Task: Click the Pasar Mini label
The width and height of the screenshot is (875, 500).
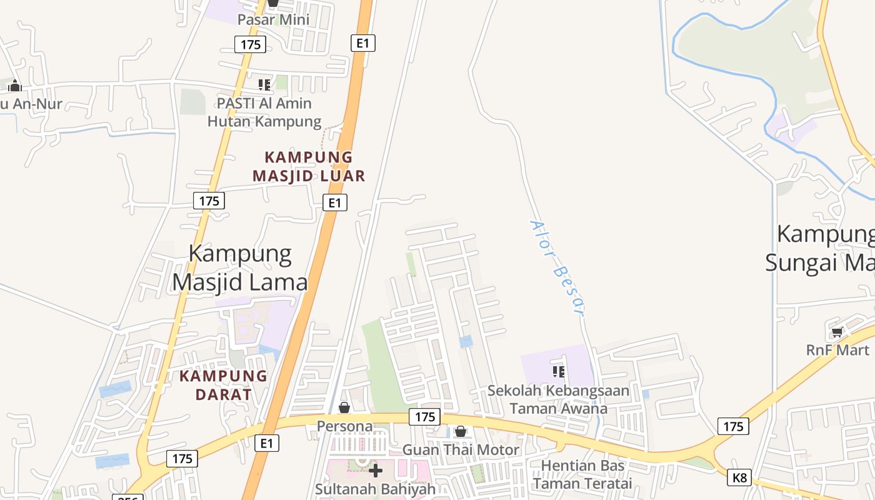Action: click(x=273, y=19)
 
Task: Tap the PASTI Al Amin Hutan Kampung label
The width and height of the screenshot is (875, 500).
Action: click(x=264, y=112)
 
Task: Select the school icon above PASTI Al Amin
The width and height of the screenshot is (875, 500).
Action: click(x=264, y=84)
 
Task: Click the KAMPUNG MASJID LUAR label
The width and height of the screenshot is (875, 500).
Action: click(x=309, y=166)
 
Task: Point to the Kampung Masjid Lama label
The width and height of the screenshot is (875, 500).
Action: click(x=240, y=268)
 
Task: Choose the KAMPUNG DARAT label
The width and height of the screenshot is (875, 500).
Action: click(x=223, y=385)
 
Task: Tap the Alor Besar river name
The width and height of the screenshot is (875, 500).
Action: click(x=557, y=267)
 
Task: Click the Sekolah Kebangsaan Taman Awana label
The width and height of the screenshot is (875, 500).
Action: click(x=558, y=399)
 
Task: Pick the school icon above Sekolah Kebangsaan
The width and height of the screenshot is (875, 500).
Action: click(x=559, y=372)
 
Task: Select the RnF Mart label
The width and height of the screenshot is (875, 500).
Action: click(x=837, y=350)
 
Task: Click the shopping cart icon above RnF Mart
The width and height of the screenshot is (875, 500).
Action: click(x=837, y=332)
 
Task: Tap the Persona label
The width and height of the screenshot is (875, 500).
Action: click(x=344, y=426)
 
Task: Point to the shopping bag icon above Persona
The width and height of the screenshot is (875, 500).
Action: click(x=344, y=407)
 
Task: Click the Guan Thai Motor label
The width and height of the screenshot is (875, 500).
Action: click(x=461, y=449)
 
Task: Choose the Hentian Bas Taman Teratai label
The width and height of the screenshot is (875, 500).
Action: click(x=582, y=474)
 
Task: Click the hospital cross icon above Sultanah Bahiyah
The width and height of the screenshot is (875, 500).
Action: click(x=375, y=470)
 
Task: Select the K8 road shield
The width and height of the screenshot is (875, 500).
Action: click(x=739, y=478)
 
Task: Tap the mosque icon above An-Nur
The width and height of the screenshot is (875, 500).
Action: click(x=14, y=86)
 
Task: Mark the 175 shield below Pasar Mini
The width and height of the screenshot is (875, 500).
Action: click(x=250, y=44)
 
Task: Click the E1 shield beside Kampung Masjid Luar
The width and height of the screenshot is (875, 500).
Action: click(x=335, y=202)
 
